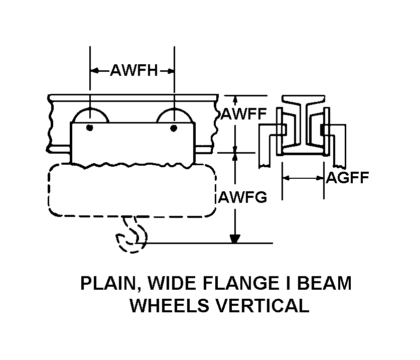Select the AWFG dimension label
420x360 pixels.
point(242,197)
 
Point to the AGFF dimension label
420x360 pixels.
point(348,177)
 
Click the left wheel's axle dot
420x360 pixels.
point(90,127)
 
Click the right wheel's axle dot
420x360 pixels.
point(174,128)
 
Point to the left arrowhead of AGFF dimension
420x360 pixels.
point(286,177)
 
